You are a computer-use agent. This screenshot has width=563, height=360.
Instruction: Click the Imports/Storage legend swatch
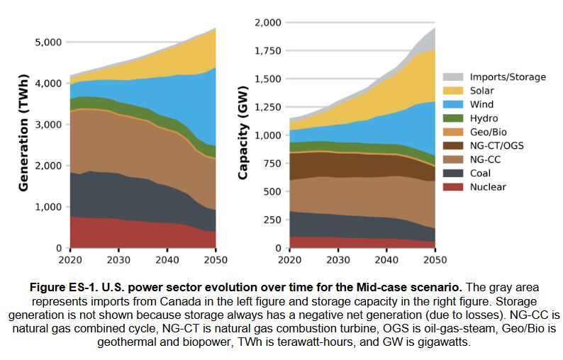pos(454,77)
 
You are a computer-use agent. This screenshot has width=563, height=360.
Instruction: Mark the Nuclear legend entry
pos(487,187)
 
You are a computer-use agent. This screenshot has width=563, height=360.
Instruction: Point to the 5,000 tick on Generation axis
pos(48,43)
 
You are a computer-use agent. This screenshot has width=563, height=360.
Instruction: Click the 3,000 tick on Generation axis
pos(48,125)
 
